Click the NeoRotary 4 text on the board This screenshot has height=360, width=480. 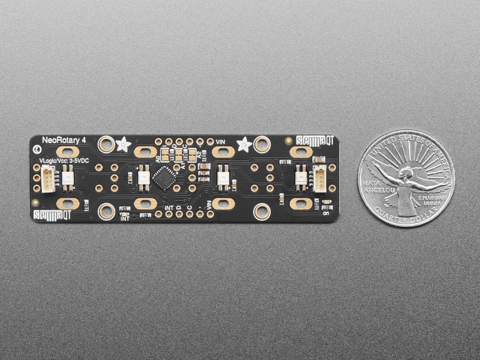[64, 140]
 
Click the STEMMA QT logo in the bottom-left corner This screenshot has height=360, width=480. [52, 215]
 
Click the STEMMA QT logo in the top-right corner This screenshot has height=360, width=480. [315, 140]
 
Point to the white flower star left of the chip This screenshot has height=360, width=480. [123, 144]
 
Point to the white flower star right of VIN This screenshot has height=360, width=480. [243, 144]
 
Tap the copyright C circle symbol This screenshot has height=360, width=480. [36, 148]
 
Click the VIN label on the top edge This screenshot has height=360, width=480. [221, 142]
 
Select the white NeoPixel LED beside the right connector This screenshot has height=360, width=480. [300, 178]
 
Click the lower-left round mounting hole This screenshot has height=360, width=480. [106, 212]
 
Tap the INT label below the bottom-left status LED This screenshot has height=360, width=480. [125, 218]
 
